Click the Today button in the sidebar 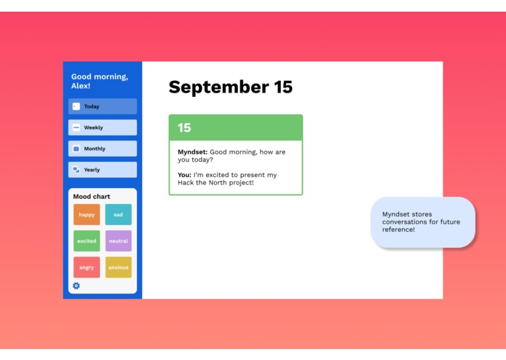pyautogui.click(x=103, y=106)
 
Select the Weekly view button pyautogui.click(x=103, y=128)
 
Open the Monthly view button pyautogui.click(x=103, y=149)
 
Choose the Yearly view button pyautogui.click(x=103, y=170)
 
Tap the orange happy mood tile pyautogui.click(x=87, y=214)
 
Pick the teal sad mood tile pyautogui.click(x=119, y=214)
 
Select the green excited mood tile pyautogui.click(x=87, y=241)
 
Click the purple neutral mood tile pyautogui.click(x=119, y=241)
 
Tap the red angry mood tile pyautogui.click(x=87, y=267)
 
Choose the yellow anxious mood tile pyautogui.click(x=119, y=267)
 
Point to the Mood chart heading pyautogui.click(x=91, y=197)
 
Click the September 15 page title pyautogui.click(x=230, y=87)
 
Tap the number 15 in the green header pyautogui.click(x=184, y=128)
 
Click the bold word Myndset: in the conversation pyautogui.click(x=192, y=152)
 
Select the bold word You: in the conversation pyautogui.click(x=184, y=175)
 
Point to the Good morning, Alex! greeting pyautogui.click(x=99, y=81)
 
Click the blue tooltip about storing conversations pyautogui.click(x=423, y=222)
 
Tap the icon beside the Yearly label pyautogui.click(x=76, y=170)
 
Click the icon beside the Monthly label pyautogui.click(x=76, y=149)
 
